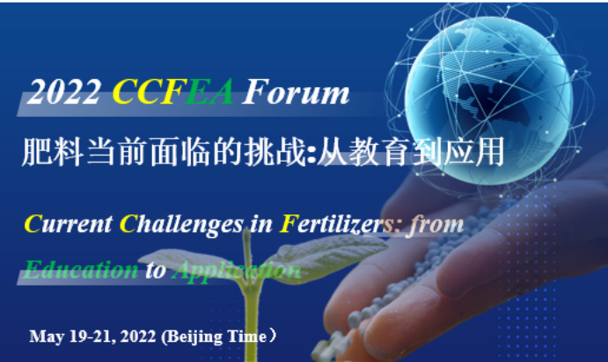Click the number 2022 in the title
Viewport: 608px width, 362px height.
[65, 92]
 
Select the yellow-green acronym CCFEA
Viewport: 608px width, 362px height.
[173, 91]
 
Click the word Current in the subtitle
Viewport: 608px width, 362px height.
[69, 225]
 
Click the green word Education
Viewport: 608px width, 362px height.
[81, 270]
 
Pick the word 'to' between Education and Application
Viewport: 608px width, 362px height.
[156, 271]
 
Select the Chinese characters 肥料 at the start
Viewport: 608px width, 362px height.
[53, 152]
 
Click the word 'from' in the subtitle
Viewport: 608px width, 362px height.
[436, 225]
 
